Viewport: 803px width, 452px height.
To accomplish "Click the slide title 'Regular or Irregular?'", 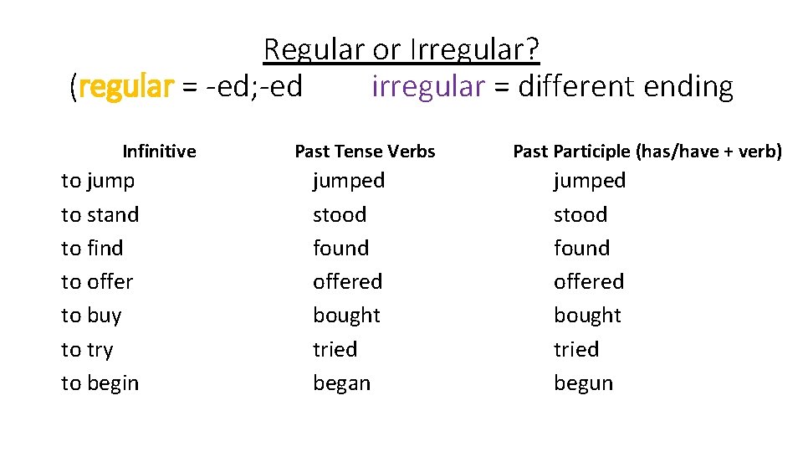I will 401,50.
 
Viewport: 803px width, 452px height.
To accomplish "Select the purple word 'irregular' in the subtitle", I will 427,86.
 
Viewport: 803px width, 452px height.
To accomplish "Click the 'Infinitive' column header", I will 159,152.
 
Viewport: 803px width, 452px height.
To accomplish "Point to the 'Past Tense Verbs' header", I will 365,152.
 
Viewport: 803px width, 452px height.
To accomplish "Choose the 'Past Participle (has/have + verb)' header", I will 647,152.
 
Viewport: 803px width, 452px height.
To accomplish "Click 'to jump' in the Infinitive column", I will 98,181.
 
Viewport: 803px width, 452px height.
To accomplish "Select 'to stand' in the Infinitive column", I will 100,215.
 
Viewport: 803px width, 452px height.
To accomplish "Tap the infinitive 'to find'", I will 92,249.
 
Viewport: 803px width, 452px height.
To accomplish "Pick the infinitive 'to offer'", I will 97,282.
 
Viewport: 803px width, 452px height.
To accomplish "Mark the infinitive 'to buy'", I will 91,316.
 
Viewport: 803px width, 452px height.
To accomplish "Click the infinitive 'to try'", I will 87,350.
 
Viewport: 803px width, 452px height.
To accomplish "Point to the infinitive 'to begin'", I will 100,383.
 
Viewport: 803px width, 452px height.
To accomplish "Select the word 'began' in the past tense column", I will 341,383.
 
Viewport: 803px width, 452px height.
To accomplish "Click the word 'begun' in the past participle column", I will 583,383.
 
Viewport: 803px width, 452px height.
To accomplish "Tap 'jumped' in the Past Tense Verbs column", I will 349,181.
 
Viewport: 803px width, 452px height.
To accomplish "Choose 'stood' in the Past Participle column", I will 581,215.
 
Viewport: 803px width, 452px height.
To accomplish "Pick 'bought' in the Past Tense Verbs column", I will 346,316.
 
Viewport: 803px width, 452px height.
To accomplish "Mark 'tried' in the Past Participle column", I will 576,350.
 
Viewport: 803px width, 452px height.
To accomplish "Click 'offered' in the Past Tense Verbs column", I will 347,282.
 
